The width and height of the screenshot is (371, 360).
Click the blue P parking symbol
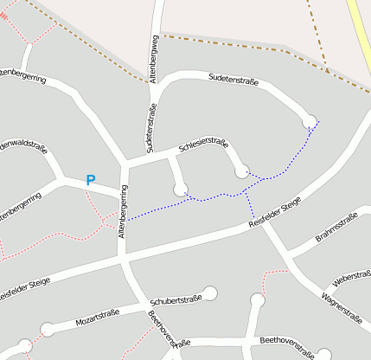[x=90, y=180]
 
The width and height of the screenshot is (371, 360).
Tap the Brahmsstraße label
[x=336, y=231]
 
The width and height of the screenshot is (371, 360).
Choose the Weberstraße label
[x=351, y=281]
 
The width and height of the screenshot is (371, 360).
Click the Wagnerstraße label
[x=341, y=308]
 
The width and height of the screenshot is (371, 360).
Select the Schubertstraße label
[x=176, y=300]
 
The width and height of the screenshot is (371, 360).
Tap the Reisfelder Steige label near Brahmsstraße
[x=275, y=214]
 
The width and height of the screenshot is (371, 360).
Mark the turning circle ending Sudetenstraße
[x=310, y=122]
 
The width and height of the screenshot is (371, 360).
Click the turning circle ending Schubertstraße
[x=210, y=292]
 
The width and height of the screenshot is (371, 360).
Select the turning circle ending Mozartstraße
[x=47, y=329]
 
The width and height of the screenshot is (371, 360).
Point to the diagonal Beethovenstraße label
[x=162, y=330]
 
